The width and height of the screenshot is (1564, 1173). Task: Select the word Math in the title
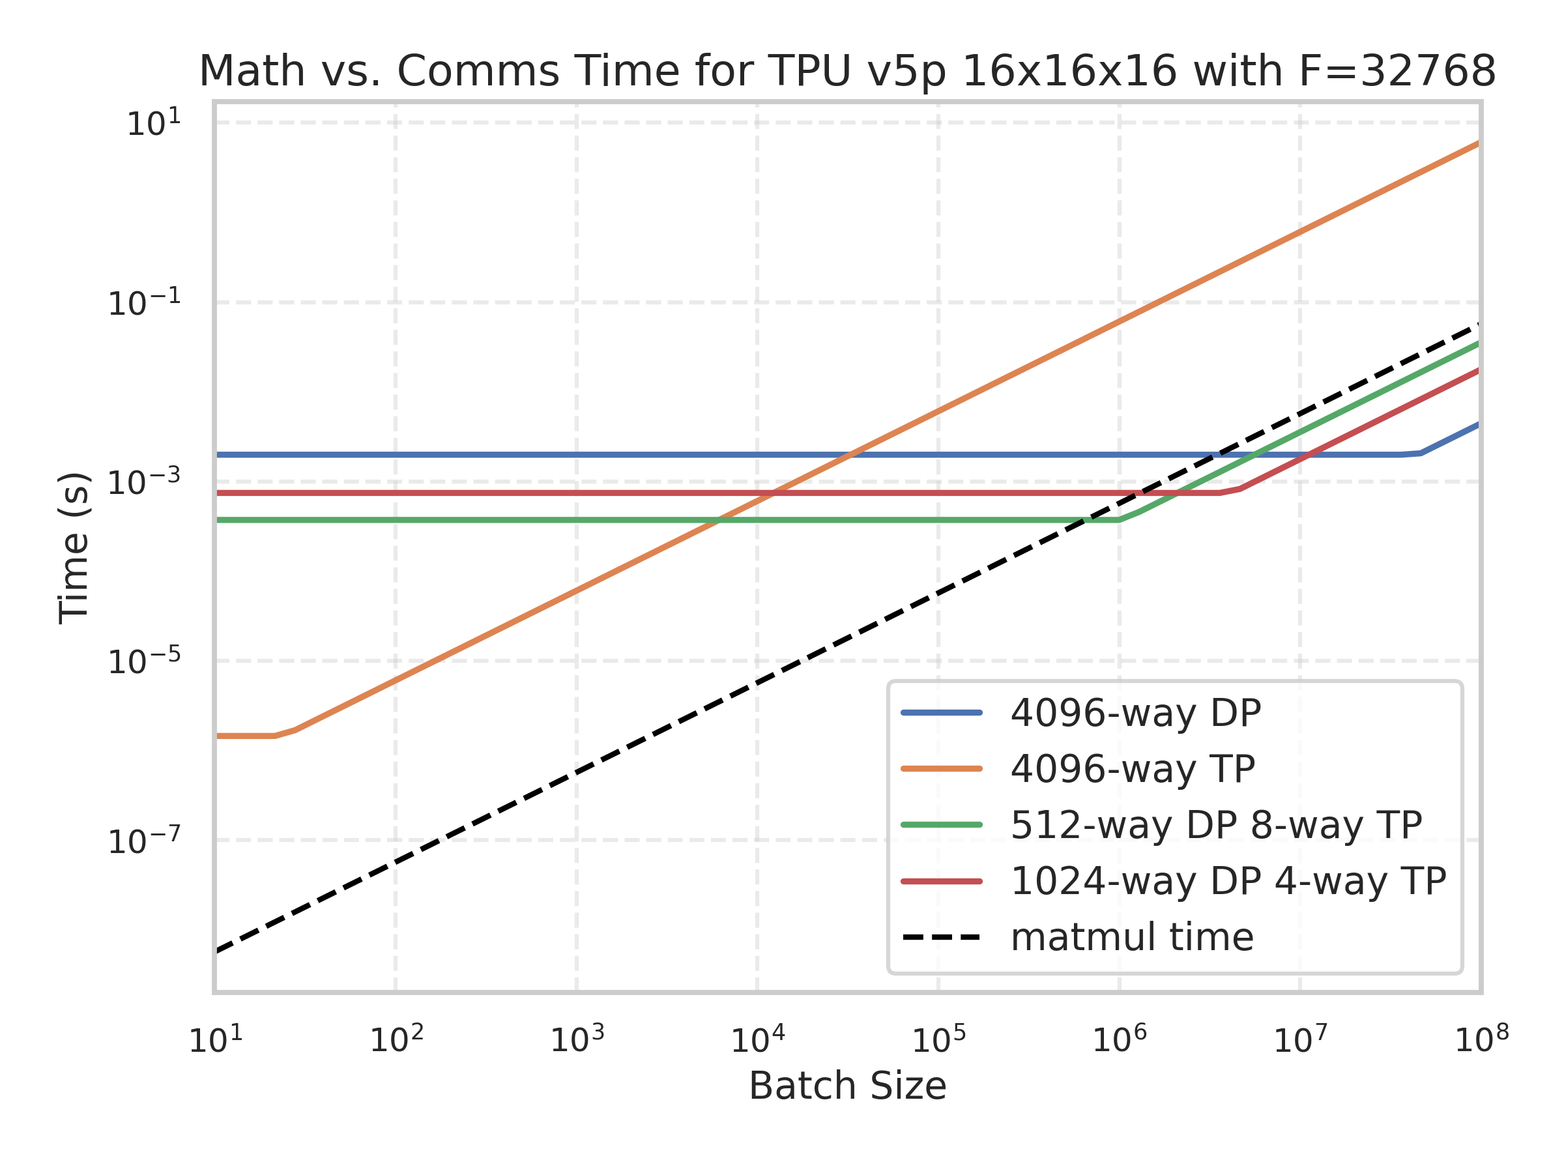[x=252, y=72]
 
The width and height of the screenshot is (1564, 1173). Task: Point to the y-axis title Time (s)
[x=74, y=548]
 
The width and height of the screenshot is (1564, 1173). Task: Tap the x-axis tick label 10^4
[x=757, y=1039]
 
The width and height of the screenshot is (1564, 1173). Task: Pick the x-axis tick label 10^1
[x=216, y=1039]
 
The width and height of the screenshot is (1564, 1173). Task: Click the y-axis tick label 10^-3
[x=143, y=482]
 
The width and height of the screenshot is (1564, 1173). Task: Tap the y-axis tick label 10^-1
[x=143, y=303]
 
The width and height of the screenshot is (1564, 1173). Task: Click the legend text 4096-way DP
[x=1135, y=713]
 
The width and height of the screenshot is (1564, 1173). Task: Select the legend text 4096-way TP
[x=1133, y=768]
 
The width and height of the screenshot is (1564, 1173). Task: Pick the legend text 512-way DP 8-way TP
[x=1216, y=824]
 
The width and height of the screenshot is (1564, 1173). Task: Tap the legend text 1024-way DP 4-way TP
[x=1228, y=881]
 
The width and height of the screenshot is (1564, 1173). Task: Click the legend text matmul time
[x=1132, y=937]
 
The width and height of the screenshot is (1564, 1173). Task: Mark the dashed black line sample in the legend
[x=942, y=938]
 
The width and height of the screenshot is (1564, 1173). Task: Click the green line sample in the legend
[x=942, y=824]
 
